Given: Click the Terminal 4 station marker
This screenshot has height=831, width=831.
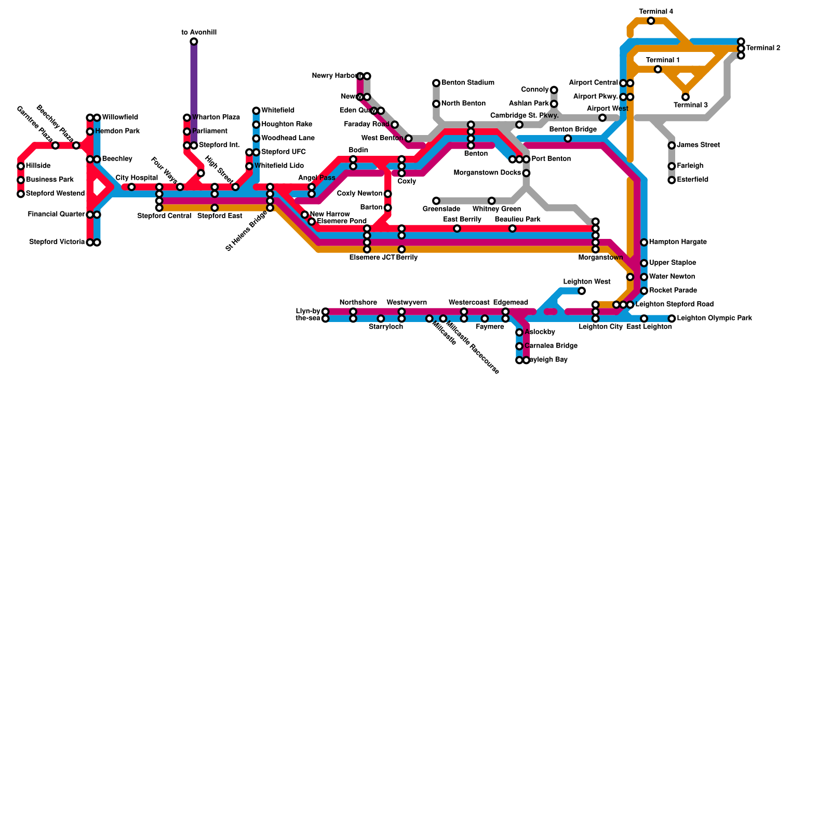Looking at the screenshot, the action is (651, 21).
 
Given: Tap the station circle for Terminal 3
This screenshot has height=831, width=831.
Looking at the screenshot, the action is (686, 97).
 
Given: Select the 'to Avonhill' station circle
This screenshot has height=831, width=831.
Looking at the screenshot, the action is (194, 42).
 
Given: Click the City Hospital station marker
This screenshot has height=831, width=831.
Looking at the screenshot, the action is (131, 187).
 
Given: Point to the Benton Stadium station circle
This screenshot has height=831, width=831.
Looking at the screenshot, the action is (436, 83).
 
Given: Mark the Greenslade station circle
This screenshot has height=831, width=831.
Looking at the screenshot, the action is (436, 201).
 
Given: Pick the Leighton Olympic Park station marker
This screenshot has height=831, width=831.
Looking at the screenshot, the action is (672, 318).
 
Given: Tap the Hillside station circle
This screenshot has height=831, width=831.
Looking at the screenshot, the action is (21, 166).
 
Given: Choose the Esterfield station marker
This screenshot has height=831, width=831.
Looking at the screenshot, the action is (672, 180).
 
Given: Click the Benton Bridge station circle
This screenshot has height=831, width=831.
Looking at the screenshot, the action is (568, 138).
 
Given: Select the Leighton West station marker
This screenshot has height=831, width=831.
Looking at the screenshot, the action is (582, 291).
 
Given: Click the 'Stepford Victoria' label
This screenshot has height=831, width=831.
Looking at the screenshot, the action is (57, 242).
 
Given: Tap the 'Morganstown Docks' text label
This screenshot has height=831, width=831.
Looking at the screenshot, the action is (487, 173).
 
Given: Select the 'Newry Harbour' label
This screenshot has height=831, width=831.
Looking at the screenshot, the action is (334, 76).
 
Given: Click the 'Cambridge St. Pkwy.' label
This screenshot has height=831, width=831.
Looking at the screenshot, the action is (524, 115).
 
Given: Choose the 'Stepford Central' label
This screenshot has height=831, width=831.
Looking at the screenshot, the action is (164, 216).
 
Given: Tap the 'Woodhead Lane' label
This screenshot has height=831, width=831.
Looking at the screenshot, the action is (288, 138).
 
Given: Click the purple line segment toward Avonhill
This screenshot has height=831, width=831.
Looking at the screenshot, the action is (194, 88).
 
